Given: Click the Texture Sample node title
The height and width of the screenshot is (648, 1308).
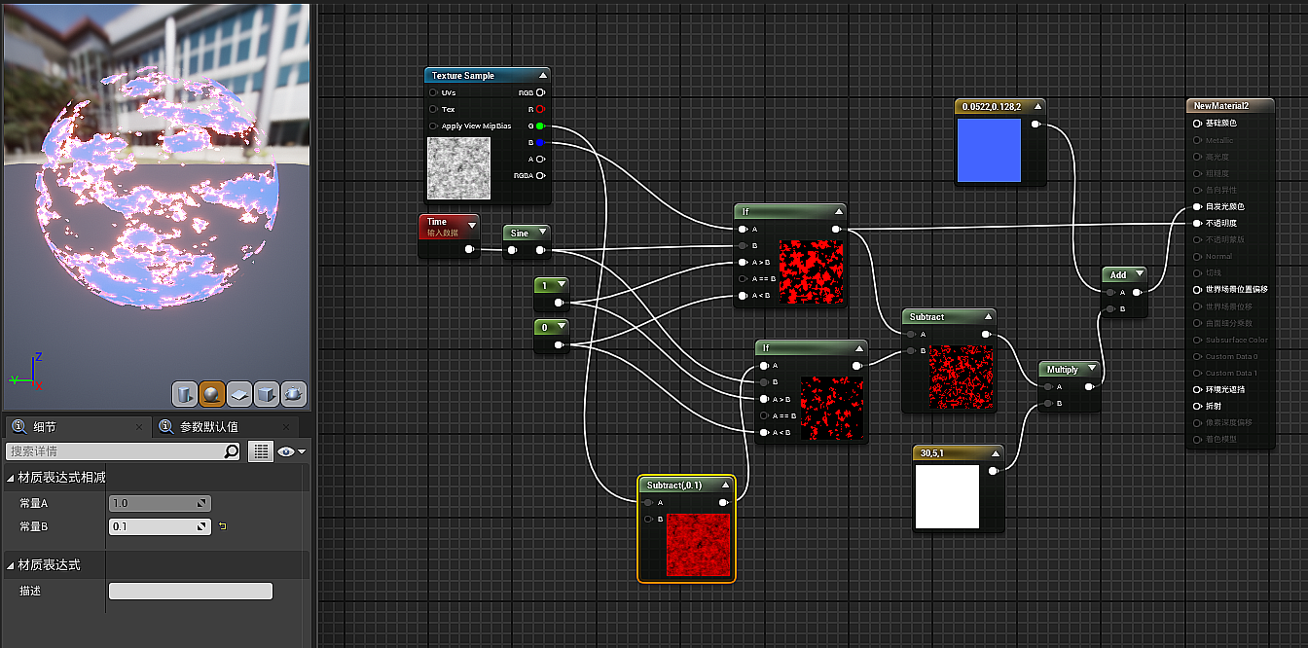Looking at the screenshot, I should point(463,76).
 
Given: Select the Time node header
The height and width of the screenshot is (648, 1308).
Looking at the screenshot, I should point(438,222).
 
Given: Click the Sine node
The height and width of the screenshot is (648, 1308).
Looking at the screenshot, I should point(520,234).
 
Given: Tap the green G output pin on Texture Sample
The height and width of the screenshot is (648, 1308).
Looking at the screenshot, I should point(539,126).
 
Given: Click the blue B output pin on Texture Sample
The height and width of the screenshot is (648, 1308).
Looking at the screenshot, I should point(539,142).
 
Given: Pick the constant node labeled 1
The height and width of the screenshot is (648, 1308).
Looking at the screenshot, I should point(546,285).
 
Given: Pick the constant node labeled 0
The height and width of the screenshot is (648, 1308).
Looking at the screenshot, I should point(546,327).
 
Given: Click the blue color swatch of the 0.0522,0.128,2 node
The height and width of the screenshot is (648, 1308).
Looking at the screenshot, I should point(989,151).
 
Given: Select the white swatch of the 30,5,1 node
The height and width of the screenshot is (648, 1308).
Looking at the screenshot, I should point(947,496).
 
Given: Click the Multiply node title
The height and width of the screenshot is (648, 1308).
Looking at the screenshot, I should point(1063,370).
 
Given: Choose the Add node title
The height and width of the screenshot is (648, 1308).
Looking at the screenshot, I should point(1118,275).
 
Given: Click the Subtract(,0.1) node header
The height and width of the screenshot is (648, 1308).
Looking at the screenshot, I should point(674,485).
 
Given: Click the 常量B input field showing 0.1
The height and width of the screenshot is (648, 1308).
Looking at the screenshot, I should point(159,526).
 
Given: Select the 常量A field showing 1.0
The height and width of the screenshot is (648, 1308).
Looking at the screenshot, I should point(159,503).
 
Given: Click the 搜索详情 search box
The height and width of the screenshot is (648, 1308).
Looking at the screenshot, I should point(117,451).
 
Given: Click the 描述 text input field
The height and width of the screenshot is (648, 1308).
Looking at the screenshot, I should point(191,591).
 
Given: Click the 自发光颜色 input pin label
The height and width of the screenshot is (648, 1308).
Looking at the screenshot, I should point(1224,206).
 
